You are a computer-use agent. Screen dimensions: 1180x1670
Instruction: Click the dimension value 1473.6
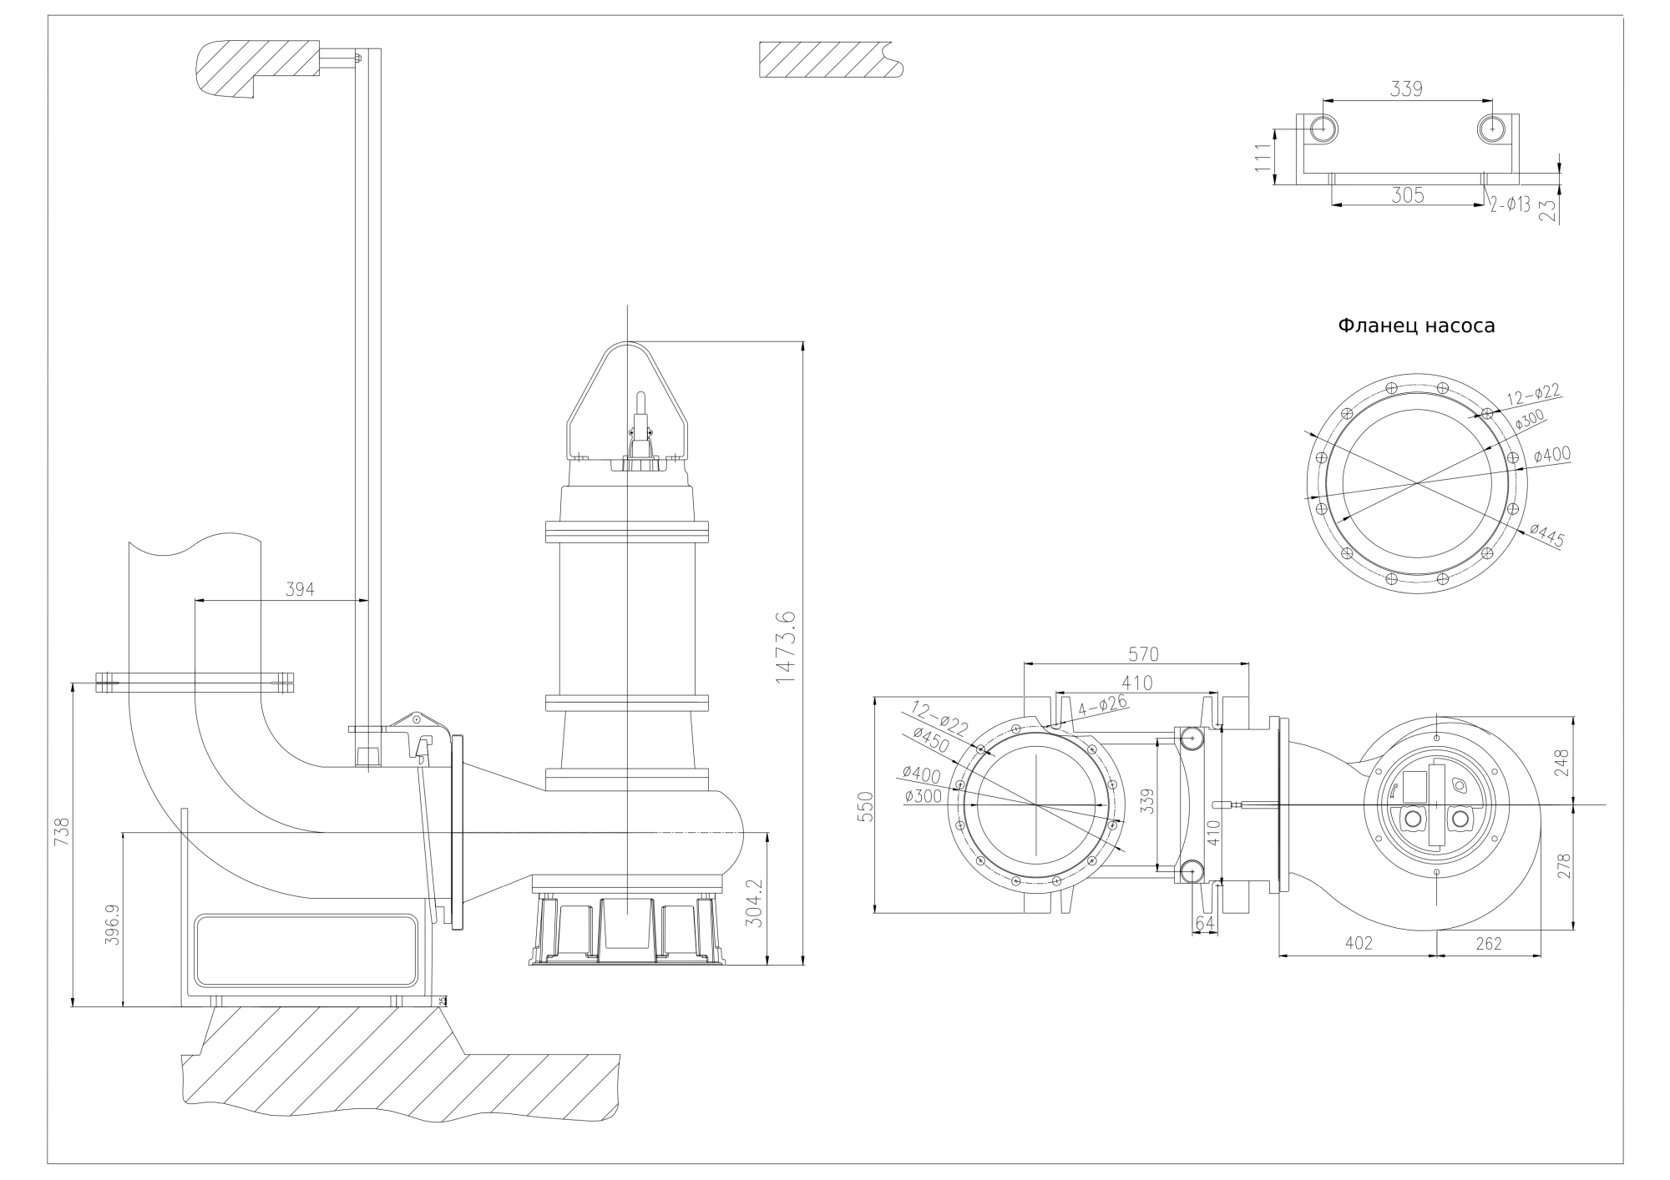click(786, 648)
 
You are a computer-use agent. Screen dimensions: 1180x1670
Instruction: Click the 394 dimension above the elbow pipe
click(301, 589)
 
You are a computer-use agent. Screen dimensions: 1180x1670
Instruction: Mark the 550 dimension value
click(865, 807)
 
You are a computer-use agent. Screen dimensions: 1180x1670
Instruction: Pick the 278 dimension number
click(1563, 865)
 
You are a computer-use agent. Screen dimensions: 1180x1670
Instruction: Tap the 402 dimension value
click(1359, 944)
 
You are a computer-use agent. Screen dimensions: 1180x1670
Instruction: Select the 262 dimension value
click(1489, 944)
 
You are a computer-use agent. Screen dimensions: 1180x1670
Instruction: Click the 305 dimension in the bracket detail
click(1408, 195)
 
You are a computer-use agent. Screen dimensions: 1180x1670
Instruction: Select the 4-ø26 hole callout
click(1102, 707)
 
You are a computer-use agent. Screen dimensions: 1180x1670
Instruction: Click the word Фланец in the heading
click(1376, 325)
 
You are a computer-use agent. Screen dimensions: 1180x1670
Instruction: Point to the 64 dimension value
click(1205, 922)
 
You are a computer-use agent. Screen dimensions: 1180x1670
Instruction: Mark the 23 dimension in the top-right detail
click(1548, 206)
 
